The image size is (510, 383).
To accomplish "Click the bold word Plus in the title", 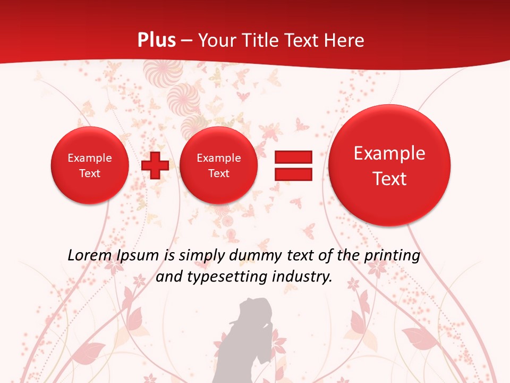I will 156,40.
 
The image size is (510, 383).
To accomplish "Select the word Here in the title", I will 345,40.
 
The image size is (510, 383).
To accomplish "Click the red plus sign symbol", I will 155,165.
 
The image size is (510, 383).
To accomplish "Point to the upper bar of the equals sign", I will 293,157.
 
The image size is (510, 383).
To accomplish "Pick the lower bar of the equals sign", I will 293,174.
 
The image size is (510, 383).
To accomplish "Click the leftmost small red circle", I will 90,165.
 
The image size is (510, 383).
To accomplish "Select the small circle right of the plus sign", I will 218,165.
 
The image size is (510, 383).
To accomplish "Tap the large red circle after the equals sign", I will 389,165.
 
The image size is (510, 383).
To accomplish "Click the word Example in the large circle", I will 389,153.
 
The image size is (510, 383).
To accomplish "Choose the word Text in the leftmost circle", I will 90,173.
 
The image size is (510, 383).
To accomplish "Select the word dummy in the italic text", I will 250,256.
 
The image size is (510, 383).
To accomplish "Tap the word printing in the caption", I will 392,256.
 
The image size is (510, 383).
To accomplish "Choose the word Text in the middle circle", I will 218,173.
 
